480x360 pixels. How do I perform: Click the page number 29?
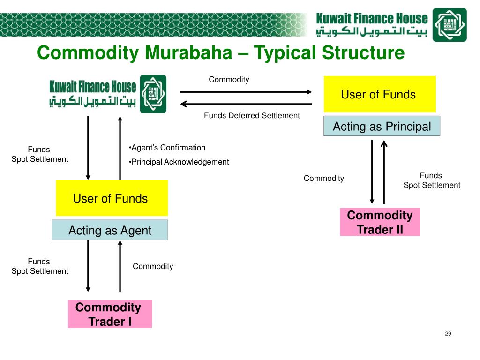448,334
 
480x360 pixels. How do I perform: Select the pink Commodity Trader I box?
110,314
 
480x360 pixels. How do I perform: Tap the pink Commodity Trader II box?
380,222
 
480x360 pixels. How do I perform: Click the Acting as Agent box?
110,230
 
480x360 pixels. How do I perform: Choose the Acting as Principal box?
382,126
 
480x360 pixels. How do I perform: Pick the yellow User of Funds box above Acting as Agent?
112,198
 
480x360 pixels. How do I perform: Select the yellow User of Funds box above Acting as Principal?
380,94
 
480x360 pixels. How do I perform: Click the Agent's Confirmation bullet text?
167,148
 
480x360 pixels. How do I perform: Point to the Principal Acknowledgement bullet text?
179,162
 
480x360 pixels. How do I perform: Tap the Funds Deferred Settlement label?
252,115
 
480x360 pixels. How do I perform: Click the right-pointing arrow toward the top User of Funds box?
246,92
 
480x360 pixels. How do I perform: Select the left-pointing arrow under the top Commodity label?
246,104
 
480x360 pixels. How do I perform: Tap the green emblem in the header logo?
449,24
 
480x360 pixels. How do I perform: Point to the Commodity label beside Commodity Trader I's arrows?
153,266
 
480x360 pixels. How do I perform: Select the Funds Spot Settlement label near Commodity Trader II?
431,180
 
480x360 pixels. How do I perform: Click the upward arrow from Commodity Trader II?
384,172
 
